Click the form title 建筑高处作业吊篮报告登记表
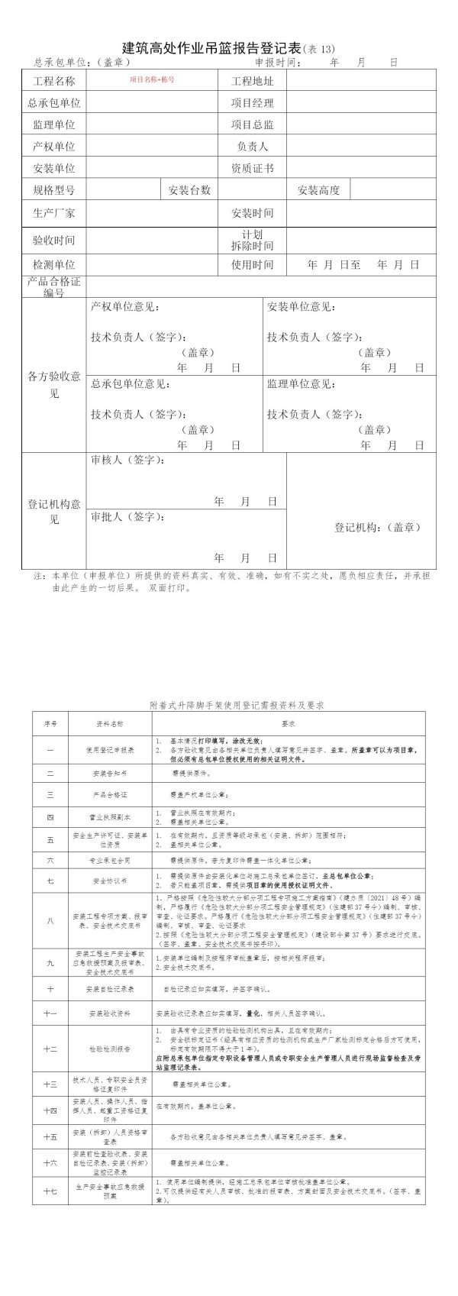pyautogui.click(x=212, y=48)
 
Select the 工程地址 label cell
pyautogui.click(x=252, y=82)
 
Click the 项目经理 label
pyautogui.click(x=252, y=103)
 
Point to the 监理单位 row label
pyautogui.click(x=53, y=124)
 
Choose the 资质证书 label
pyautogui.click(x=252, y=168)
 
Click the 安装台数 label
pyautogui.click(x=189, y=190)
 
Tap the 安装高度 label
pyautogui.click(x=318, y=190)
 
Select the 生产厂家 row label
pyautogui.click(x=53, y=212)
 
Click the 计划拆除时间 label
pyautogui.click(x=252, y=241)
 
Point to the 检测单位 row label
pyautogui.click(x=53, y=264)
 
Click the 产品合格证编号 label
pyautogui.click(x=53, y=286)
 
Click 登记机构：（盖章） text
pyautogui.click(x=378, y=527)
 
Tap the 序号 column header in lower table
pyautogui.click(x=50, y=722)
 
